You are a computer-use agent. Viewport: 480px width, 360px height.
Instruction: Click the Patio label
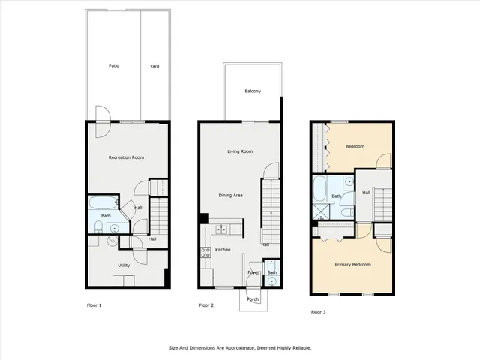click(x=113, y=66)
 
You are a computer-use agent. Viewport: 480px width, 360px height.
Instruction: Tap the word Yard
click(x=154, y=66)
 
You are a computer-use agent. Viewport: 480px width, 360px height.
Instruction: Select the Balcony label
click(x=253, y=91)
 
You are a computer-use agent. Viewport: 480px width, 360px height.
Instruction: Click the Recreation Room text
click(x=126, y=157)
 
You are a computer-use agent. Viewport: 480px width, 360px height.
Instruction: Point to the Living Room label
click(x=239, y=151)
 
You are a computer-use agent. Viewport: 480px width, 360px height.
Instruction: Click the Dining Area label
click(x=231, y=196)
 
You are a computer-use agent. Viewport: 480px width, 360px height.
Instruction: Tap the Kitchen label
click(x=223, y=250)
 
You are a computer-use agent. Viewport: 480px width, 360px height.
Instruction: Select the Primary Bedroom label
click(x=352, y=265)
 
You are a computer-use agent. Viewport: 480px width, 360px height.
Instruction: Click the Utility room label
click(x=124, y=265)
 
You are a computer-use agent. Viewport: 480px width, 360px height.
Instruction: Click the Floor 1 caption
click(x=94, y=305)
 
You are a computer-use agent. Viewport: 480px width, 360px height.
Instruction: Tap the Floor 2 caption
click(x=206, y=305)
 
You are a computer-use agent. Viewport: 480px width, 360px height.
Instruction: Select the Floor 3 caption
click(x=319, y=311)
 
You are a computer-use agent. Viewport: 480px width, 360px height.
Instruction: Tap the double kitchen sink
click(x=221, y=229)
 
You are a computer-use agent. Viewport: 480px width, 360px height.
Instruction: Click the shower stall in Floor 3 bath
click(x=319, y=212)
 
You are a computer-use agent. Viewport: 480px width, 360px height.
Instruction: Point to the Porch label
click(x=253, y=299)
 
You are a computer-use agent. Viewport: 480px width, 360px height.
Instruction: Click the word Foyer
click(x=253, y=272)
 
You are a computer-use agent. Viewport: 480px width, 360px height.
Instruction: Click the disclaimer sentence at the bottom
click(x=239, y=348)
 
